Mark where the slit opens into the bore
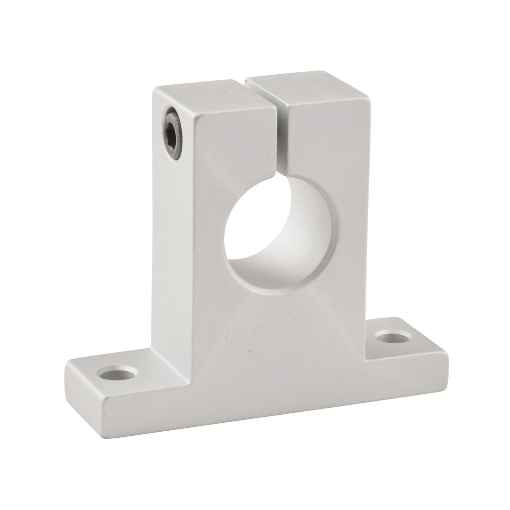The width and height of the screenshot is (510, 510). tap(280, 176)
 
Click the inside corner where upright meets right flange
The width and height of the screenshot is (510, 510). tap(366, 358)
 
